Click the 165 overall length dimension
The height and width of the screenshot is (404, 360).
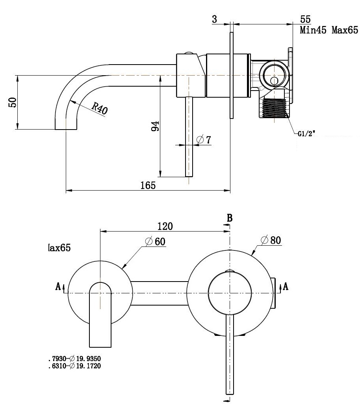(x=148, y=185)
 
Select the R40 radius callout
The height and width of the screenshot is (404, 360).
(x=100, y=108)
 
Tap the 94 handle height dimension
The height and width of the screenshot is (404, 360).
(x=155, y=126)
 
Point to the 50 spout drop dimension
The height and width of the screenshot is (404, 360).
(x=13, y=102)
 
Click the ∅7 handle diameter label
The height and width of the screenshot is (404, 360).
(x=204, y=140)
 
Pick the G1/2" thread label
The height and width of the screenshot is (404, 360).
(x=306, y=133)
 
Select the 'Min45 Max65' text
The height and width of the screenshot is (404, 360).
(x=329, y=30)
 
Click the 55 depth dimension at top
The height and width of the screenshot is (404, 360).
(x=305, y=19)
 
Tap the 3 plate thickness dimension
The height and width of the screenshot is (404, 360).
(x=214, y=19)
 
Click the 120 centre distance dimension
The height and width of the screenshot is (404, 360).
(x=165, y=226)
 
